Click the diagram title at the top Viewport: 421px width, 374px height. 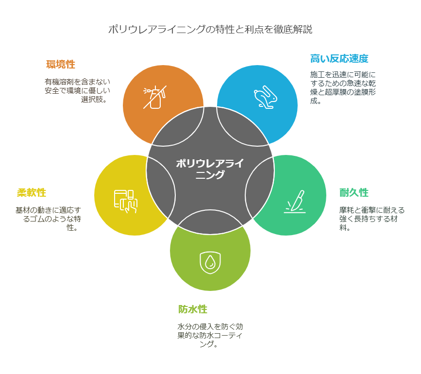210,29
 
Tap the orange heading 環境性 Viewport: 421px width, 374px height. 61,65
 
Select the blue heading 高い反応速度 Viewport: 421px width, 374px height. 339,59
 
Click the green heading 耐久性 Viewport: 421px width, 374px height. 354,192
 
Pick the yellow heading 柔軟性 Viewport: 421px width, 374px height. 32,192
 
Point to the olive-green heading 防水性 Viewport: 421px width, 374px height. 193,309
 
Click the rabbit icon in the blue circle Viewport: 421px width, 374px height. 265,97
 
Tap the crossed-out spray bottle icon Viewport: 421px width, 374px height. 155,97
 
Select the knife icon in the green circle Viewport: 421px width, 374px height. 295,202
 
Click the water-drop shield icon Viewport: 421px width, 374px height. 210,263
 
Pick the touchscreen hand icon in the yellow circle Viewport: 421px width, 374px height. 126,202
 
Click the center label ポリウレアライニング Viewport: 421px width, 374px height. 210,169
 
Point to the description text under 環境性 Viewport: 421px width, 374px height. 78,90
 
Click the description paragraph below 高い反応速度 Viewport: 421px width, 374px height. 343,87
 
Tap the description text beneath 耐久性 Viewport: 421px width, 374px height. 372,219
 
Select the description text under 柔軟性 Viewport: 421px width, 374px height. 49,219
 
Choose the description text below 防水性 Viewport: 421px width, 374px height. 210,335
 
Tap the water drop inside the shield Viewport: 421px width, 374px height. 210,262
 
